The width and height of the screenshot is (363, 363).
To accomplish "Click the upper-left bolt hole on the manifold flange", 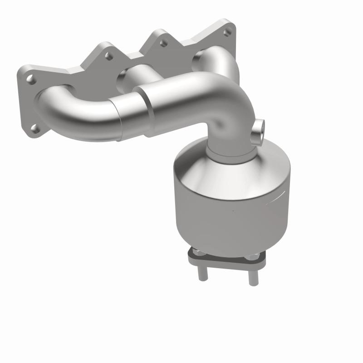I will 30,79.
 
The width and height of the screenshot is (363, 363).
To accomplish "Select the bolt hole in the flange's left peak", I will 108,57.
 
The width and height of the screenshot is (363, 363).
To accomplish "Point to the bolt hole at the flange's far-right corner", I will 227,31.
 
